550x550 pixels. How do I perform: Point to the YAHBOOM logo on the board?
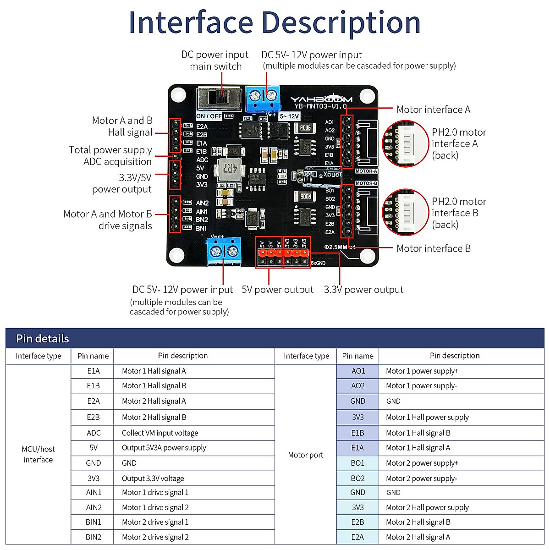(321, 99)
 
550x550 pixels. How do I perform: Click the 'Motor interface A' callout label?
(433, 110)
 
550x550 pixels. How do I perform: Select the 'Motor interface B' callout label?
(433, 248)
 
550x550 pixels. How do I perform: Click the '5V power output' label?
(277, 290)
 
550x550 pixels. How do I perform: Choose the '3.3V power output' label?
(363, 290)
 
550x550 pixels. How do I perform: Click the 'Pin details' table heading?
(43, 339)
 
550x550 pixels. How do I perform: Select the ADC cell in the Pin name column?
(93, 433)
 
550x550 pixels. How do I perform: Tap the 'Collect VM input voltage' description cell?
(160, 433)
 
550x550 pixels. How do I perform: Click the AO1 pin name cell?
(358, 371)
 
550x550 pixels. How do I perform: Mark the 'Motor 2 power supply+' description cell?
(422, 463)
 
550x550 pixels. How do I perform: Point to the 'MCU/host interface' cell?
(38, 454)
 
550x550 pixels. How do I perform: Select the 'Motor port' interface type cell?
(306, 455)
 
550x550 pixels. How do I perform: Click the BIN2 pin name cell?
(93, 537)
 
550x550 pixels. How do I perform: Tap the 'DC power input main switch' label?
(215, 60)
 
